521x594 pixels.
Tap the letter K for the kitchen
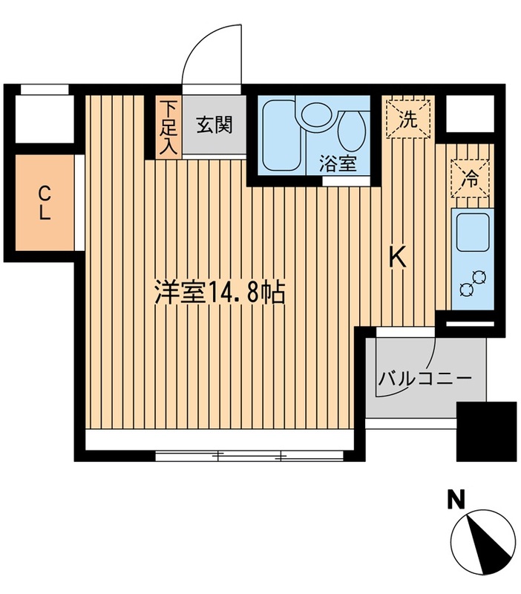pos(398,257)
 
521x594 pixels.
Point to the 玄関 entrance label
pos(214,125)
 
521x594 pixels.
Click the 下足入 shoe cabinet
pos(168,128)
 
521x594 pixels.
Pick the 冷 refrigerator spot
pos(471,178)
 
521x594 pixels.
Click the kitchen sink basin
pos(472,232)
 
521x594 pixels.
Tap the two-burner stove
pos(472,283)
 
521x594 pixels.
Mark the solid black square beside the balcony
pos(486,431)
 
